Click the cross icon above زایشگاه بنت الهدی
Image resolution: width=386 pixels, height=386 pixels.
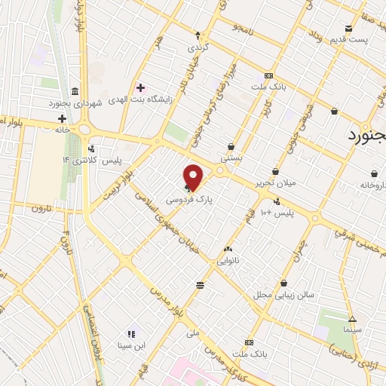(x=140, y=87)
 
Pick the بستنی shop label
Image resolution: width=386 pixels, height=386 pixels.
(x=230, y=159)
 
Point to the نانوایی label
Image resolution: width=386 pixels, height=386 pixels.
(x=228, y=261)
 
